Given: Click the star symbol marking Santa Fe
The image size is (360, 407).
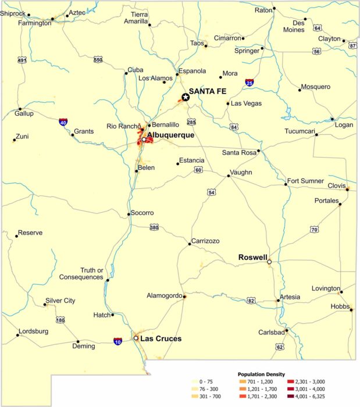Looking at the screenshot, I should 186,97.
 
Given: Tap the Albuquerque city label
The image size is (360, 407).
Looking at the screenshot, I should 170,135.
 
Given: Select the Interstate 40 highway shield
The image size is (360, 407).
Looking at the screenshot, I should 63,122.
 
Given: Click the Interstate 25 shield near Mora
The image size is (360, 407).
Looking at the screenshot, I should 249,83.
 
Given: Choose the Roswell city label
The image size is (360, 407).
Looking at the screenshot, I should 253,257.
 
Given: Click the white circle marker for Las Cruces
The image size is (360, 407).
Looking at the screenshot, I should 136,338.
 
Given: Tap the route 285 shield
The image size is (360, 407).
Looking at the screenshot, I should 191,122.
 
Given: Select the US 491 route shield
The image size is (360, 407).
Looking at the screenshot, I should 22,60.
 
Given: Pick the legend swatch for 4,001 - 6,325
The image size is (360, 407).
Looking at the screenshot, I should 290,396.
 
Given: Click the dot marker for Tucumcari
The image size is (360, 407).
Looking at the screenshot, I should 316,135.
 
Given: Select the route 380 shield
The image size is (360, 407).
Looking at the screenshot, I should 154,227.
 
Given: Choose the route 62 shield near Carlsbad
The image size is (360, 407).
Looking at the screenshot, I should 280,347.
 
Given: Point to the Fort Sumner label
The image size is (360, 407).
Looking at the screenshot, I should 305,181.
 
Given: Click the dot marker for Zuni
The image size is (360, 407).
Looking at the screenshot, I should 14,140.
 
